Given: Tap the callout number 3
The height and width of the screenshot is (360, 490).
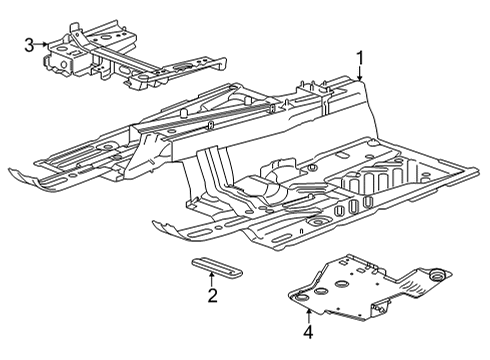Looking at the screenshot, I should point(30,43).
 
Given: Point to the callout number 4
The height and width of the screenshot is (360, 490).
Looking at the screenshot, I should point(308,334).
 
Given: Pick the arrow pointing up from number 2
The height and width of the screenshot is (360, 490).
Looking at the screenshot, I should point(212,277).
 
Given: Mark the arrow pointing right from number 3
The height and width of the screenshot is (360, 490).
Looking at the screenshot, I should point(42,43).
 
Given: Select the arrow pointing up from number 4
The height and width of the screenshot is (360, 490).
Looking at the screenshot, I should point(308,317).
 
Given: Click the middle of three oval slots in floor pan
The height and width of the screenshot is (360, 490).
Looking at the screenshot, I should point(354,207).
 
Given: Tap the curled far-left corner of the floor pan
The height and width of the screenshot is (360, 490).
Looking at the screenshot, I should point(15,176).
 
